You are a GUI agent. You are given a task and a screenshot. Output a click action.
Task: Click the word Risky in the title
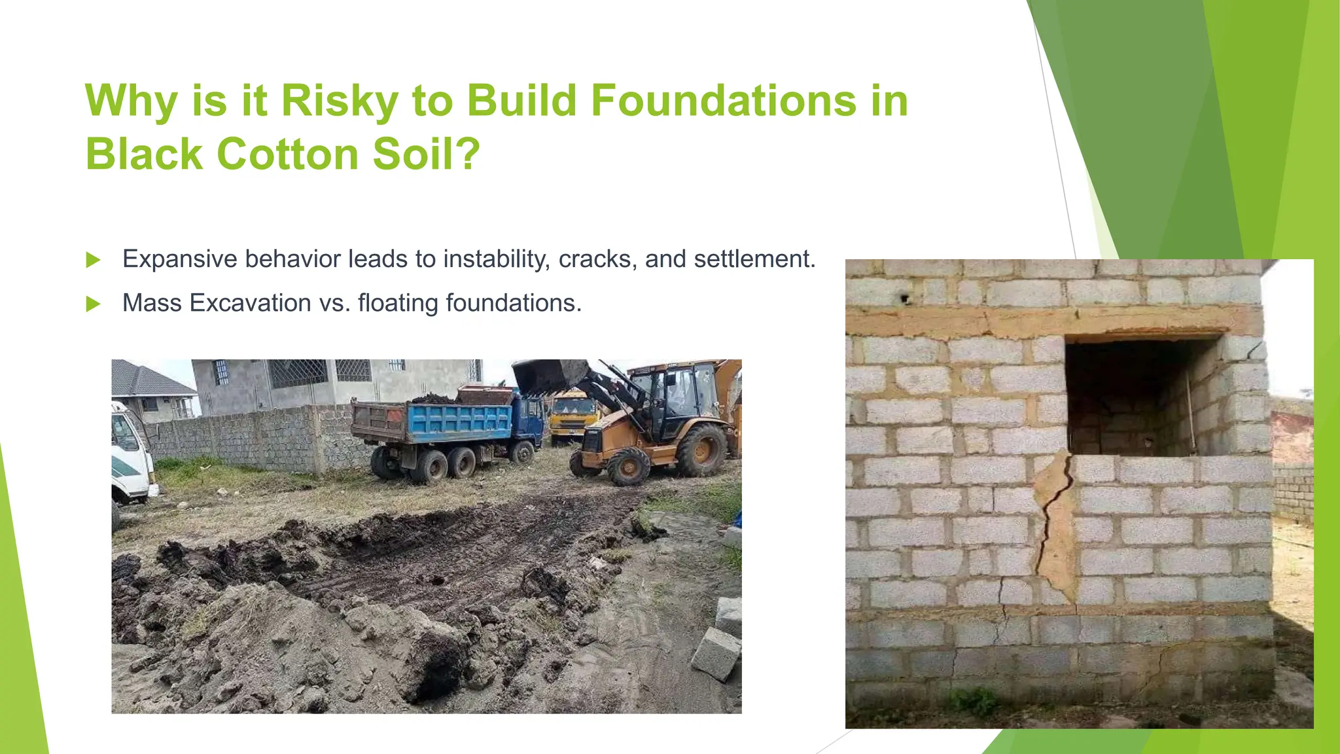click(339, 101)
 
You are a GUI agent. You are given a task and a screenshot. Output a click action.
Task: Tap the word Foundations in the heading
click(723, 101)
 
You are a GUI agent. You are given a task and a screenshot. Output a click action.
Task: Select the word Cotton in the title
click(287, 154)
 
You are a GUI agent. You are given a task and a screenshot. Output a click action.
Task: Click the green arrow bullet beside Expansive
click(94, 260)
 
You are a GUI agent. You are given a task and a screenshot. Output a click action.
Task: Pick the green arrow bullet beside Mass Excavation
click(94, 304)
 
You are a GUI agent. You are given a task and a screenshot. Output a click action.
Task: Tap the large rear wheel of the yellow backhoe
click(701, 450)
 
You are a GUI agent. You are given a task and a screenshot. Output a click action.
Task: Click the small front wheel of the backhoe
click(629, 467)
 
